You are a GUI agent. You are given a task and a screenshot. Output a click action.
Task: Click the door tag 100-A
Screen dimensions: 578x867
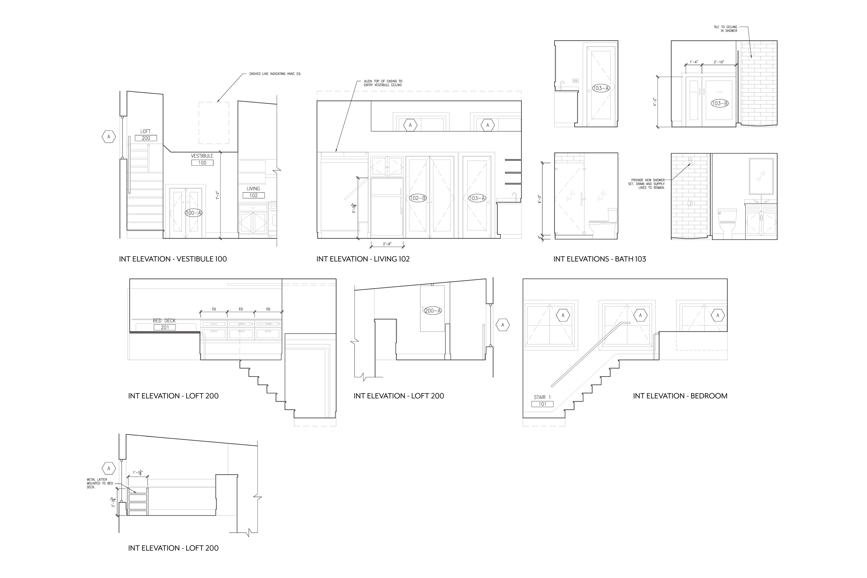point(194,213)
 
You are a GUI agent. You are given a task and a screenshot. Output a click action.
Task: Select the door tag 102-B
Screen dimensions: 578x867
point(418,198)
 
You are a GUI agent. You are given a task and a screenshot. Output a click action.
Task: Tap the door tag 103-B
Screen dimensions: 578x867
point(720,104)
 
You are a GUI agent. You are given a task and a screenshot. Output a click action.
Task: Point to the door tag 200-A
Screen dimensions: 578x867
point(433,311)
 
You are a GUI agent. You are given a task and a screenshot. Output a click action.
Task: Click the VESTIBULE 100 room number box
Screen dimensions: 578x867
point(202,163)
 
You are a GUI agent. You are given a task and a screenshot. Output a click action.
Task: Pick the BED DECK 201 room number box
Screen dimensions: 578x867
point(165,327)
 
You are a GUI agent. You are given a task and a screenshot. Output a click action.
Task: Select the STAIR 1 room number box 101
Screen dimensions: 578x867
point(542,404)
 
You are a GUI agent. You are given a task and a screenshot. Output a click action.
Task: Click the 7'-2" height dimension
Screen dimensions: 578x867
point(217,195)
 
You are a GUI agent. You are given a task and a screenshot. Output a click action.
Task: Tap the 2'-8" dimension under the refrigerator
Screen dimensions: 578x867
point(387,244)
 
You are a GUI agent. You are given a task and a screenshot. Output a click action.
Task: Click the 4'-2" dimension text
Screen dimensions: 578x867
point(655,102)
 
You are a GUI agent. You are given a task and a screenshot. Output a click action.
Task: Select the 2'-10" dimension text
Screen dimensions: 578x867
point(719,62)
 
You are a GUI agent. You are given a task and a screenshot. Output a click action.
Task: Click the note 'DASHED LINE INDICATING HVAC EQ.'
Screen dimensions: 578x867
point(275,74)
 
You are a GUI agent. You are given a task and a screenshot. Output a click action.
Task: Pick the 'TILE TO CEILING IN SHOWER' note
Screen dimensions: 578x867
point(725,29)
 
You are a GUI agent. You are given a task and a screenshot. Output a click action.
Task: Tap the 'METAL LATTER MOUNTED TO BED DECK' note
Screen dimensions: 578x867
point(97,483)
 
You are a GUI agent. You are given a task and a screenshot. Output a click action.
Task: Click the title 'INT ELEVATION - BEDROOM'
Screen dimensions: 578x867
point(680,396)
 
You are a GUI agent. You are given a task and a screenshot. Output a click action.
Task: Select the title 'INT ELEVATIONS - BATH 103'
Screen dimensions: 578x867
point(599,259)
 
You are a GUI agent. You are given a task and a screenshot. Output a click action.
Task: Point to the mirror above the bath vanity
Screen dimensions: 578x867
point(761,176)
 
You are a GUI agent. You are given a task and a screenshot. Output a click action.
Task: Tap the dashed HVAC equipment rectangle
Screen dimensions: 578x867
point(214,123)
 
